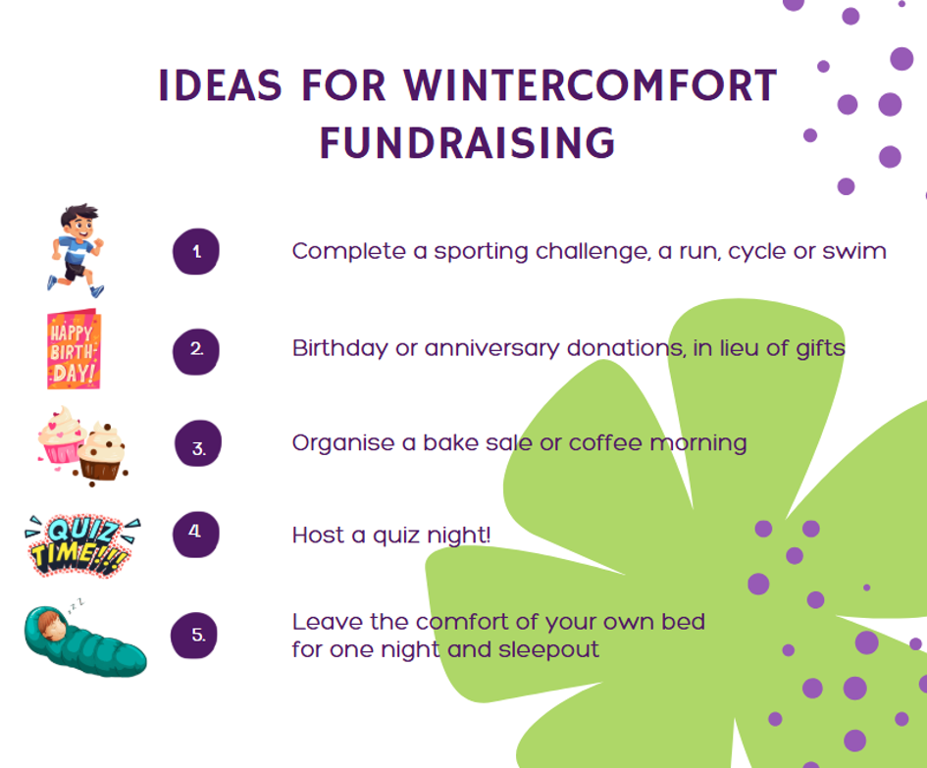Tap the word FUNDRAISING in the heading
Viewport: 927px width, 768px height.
point(468,143)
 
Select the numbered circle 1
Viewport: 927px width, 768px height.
point(195,251)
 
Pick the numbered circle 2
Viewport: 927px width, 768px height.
point(195,351)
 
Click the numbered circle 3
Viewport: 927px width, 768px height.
point(198,443)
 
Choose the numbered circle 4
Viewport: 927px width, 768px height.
point(195,535)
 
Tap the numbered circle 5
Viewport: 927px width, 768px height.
point(194,635)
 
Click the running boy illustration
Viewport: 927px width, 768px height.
point(76,251)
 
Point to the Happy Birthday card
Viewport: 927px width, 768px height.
point(74,349)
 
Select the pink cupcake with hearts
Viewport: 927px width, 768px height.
point(60,436)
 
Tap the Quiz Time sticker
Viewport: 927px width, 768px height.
point(81,545)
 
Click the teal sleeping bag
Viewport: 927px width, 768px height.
point(85,642)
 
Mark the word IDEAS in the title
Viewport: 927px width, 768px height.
point(220,85)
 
